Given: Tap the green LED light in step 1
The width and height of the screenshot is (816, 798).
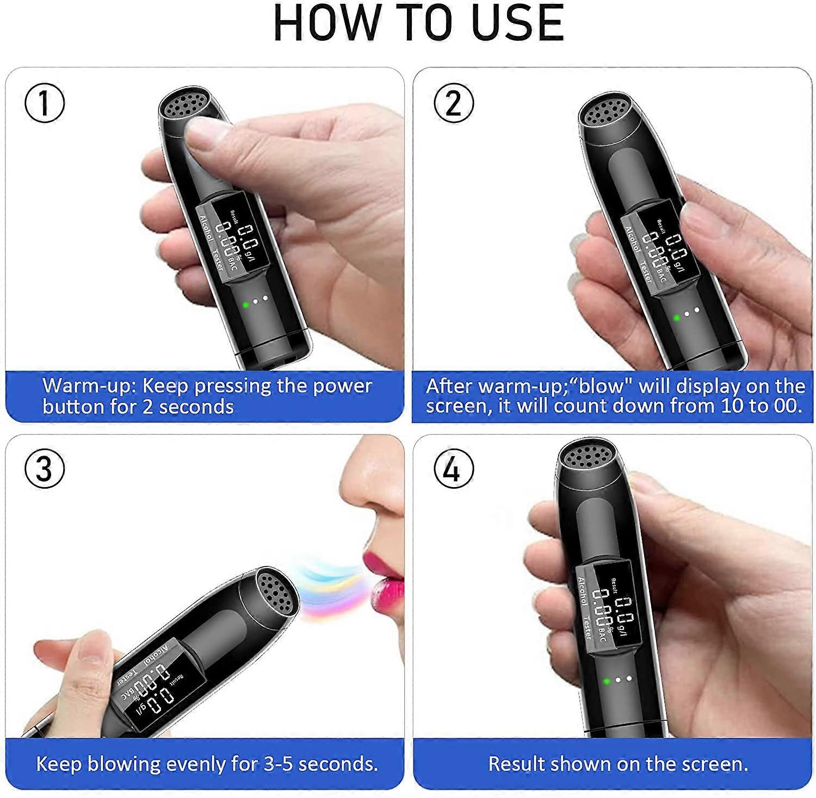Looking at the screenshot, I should [245, 304].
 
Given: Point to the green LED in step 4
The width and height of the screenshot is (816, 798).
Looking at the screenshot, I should [607, 681].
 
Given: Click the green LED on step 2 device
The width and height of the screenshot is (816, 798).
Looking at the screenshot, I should [677, 317].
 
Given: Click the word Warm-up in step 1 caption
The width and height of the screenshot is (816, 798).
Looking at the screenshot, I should [89, 386].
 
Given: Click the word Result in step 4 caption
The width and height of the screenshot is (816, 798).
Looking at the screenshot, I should [517, 764].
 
